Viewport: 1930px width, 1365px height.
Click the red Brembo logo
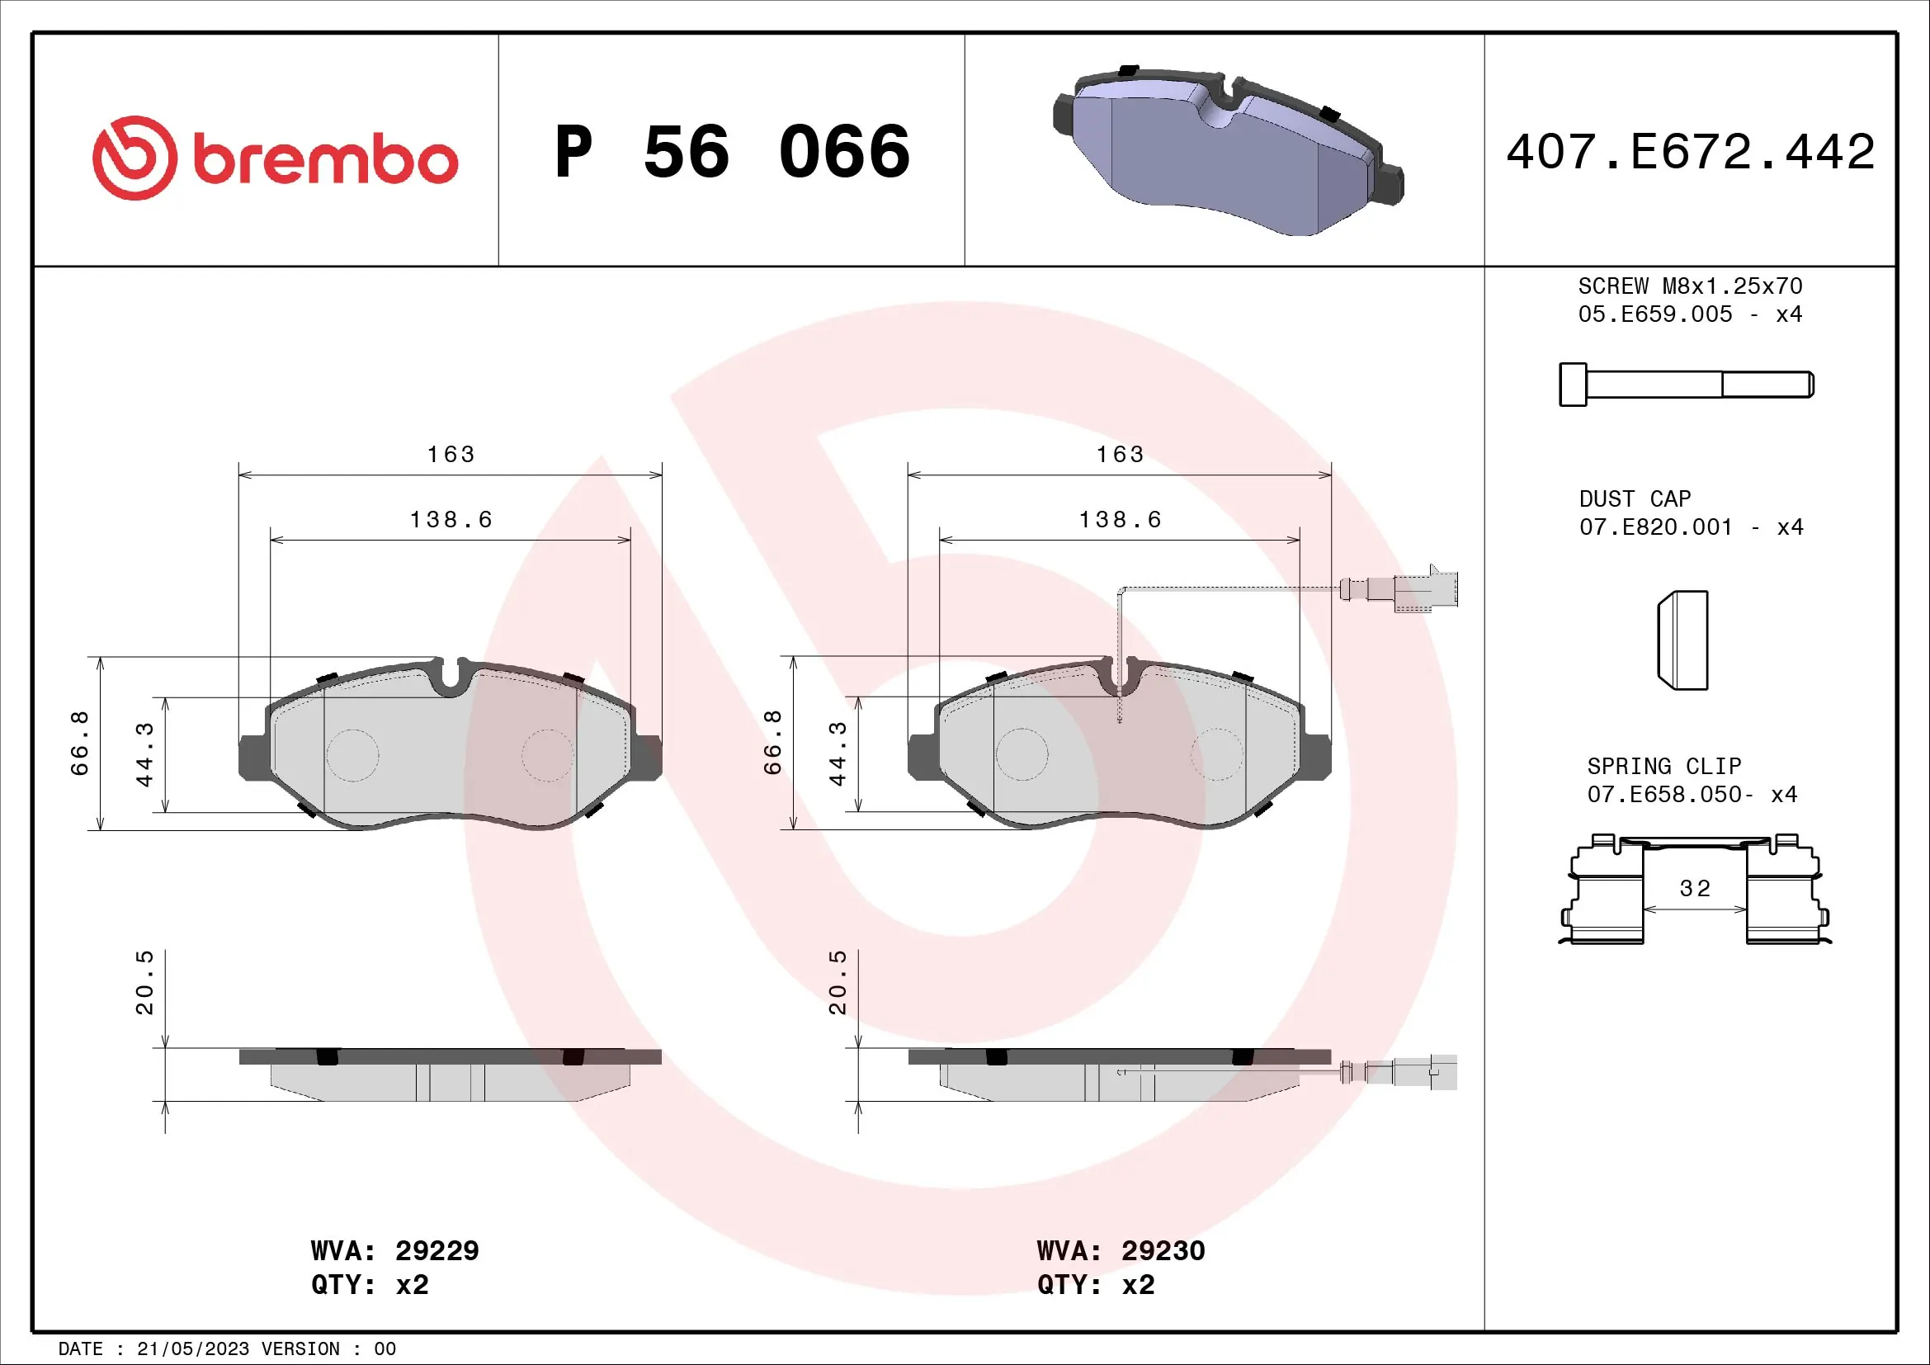(275, 158)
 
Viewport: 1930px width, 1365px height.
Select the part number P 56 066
(732, 152)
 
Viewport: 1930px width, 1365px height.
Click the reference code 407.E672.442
(1691, 152)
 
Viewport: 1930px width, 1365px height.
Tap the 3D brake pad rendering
(1227, 151)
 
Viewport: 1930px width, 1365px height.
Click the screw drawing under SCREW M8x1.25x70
(1686, 385)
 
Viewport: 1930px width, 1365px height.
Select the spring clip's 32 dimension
(1695, 889)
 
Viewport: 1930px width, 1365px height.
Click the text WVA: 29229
(394, 1250)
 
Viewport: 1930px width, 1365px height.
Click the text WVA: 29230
(1121, 1250)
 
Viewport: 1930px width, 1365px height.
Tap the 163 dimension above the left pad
(451, 455)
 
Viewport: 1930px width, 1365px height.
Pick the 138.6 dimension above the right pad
(1120, 520)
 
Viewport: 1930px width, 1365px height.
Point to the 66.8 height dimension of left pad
(79, 743)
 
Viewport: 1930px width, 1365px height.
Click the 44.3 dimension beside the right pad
(838, 754)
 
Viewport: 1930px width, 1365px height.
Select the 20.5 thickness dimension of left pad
(144, 983)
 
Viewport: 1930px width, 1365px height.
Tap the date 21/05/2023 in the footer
(192, 1349)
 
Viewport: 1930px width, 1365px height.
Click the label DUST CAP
(1634, 499)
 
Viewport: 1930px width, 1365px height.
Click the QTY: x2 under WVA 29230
(1095, 1285)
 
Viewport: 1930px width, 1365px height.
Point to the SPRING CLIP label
(1663, 767)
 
